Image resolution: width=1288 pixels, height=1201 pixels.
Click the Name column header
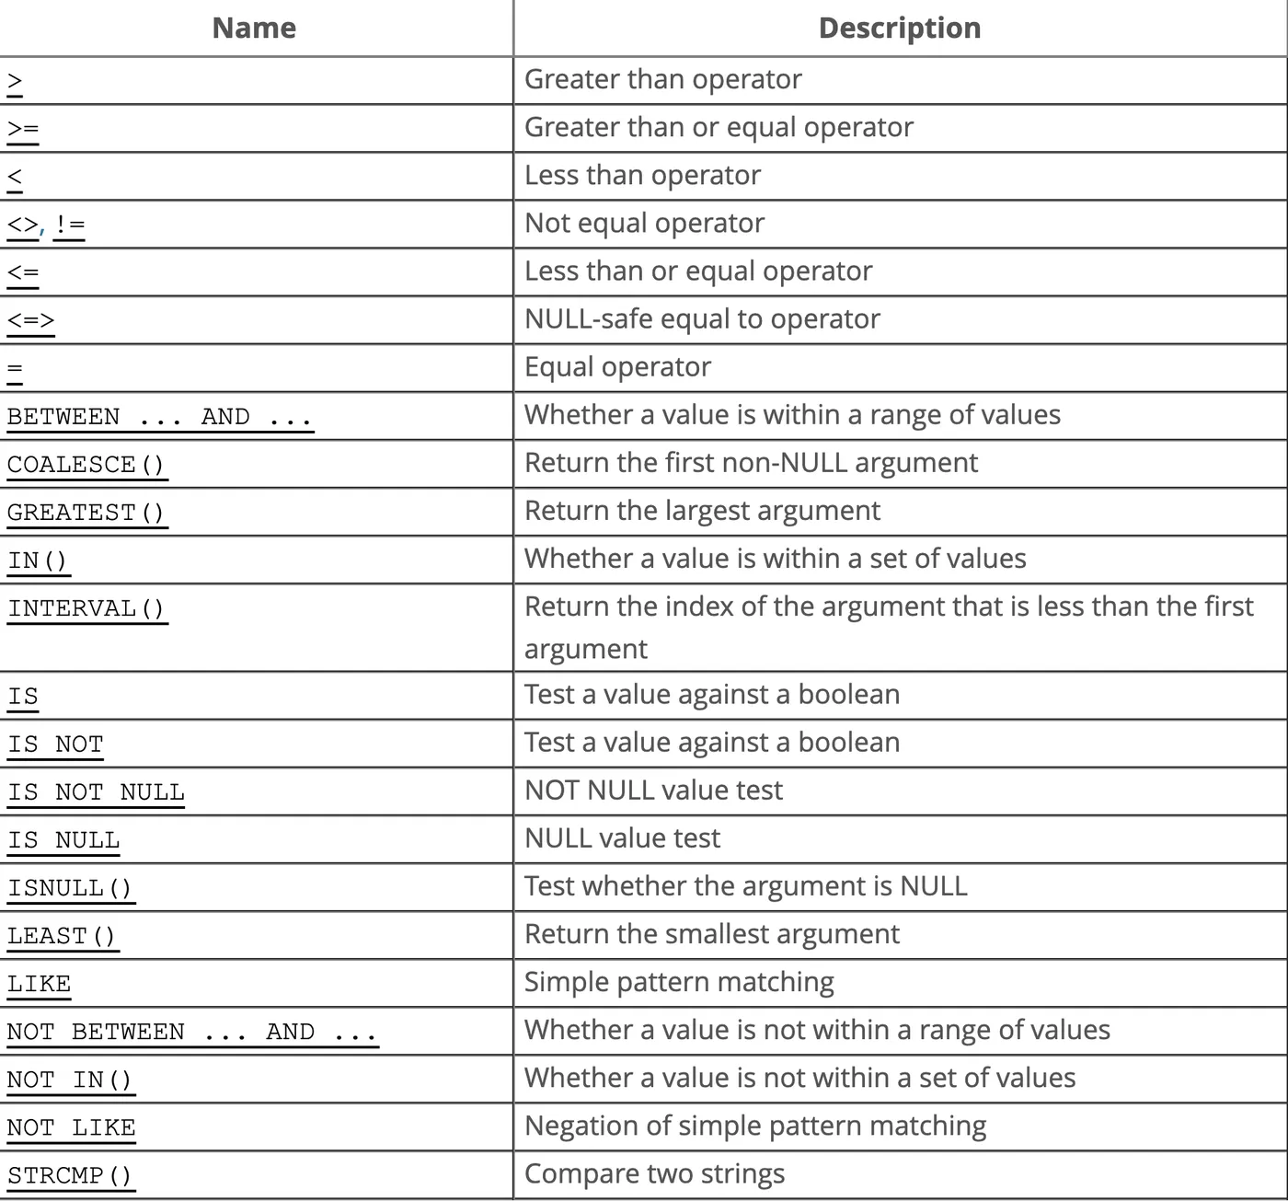pos(254,29)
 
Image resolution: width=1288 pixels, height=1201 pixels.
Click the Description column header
pos(899,29)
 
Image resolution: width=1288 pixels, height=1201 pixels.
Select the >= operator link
pos(23,129)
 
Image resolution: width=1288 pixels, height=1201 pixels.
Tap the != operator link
pos(69,225)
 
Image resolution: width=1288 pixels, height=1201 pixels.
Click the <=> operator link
pos(30,320)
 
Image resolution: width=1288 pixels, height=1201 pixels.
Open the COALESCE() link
pos(86,464)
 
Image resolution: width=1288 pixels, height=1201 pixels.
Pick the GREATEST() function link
pos(86,512)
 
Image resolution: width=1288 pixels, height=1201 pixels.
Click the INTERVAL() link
pos(86,608)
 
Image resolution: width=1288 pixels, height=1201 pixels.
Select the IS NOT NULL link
pos(96,792)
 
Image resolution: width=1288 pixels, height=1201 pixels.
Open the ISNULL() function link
pos(70,888)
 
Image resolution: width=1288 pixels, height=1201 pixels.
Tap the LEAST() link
pos(62,936)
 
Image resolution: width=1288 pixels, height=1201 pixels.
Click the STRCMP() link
pos(70,1175)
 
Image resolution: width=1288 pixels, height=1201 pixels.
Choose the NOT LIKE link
pos(71,1127)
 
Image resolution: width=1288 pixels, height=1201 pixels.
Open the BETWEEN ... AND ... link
pos(159,417)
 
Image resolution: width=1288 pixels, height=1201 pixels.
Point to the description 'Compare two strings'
pos(654,1173)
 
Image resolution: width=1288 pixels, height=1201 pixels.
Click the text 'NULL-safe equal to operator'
pos(702,318)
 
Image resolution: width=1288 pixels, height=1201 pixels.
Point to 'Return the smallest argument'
pos(711,934)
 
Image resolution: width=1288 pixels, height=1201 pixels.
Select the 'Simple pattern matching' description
pos(679,982)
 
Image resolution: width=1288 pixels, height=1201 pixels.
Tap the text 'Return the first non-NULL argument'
pos(751,462)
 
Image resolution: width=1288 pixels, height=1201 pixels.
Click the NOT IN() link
pos(70,1080)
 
